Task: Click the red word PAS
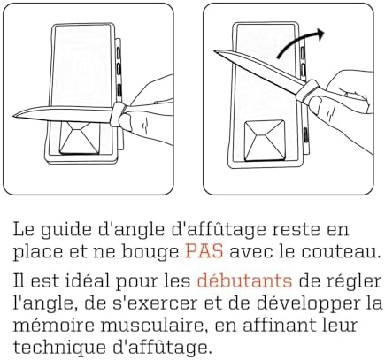point(204,251)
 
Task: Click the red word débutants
point(244,280)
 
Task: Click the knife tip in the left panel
point(13,115)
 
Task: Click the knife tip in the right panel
point(215,52)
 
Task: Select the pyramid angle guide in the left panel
point(80,137)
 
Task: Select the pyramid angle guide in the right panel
point(265,141)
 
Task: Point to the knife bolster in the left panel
point(117,114)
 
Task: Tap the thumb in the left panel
point(127,121)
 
